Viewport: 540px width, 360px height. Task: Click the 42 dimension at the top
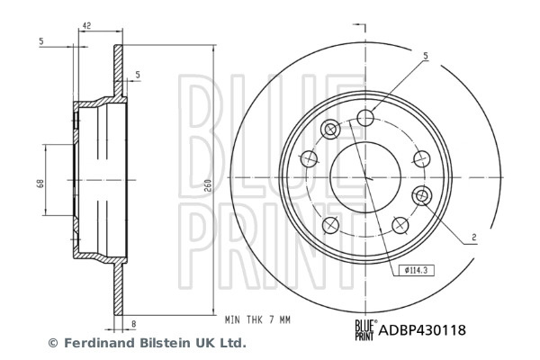coord(86,25)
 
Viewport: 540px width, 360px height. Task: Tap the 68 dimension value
coord(40,184)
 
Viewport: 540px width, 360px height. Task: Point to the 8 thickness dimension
coord(133,324)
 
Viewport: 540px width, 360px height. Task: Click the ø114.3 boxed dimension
coord(417,270)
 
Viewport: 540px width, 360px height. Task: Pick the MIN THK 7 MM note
coord(257,320)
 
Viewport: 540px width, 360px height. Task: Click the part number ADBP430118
coord(422,330)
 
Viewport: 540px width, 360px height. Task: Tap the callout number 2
coord(474,237)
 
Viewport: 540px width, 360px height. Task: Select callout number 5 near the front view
coord(426,56)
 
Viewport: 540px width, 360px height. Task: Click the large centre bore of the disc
coord(365,177)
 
